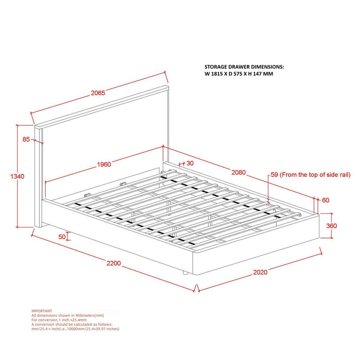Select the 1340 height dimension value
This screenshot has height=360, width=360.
[x=17, y=176]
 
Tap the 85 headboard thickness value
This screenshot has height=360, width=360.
[x=26, y=139]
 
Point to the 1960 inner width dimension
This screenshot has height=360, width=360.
[x=103, y=165]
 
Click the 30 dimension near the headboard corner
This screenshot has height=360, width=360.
[x=190, y=163]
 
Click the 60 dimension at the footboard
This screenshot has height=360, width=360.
[x=326, y=200]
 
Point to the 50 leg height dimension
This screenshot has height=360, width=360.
[x=62, y=237]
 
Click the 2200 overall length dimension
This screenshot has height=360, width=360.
[x=114, y=263]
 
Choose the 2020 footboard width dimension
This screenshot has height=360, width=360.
[x=260, y=272]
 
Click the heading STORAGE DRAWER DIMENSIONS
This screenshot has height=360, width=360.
[x=244, y=67]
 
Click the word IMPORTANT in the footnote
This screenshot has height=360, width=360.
[x=42, y=311]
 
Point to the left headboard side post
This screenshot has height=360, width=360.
[x=38, y=177]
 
